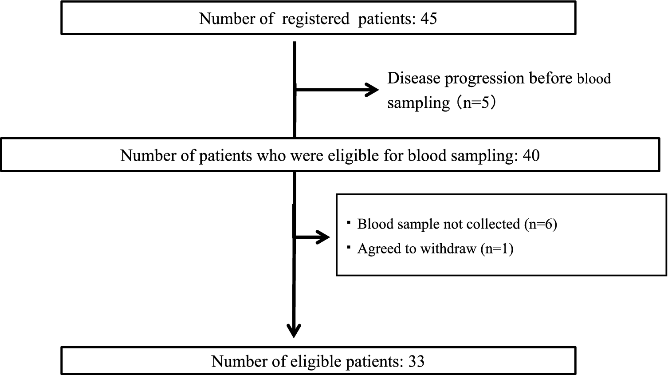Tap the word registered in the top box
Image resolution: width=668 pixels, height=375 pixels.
(x=315, y=19)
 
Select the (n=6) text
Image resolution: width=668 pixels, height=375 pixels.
(x=540, y=224)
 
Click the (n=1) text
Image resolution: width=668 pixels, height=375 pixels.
(x=497, y=249)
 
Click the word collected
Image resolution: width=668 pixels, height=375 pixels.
(x=492, y=224)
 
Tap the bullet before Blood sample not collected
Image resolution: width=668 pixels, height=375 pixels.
(x=349, y=222)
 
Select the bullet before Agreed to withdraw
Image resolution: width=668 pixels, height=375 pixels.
(x=349, y=246)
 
